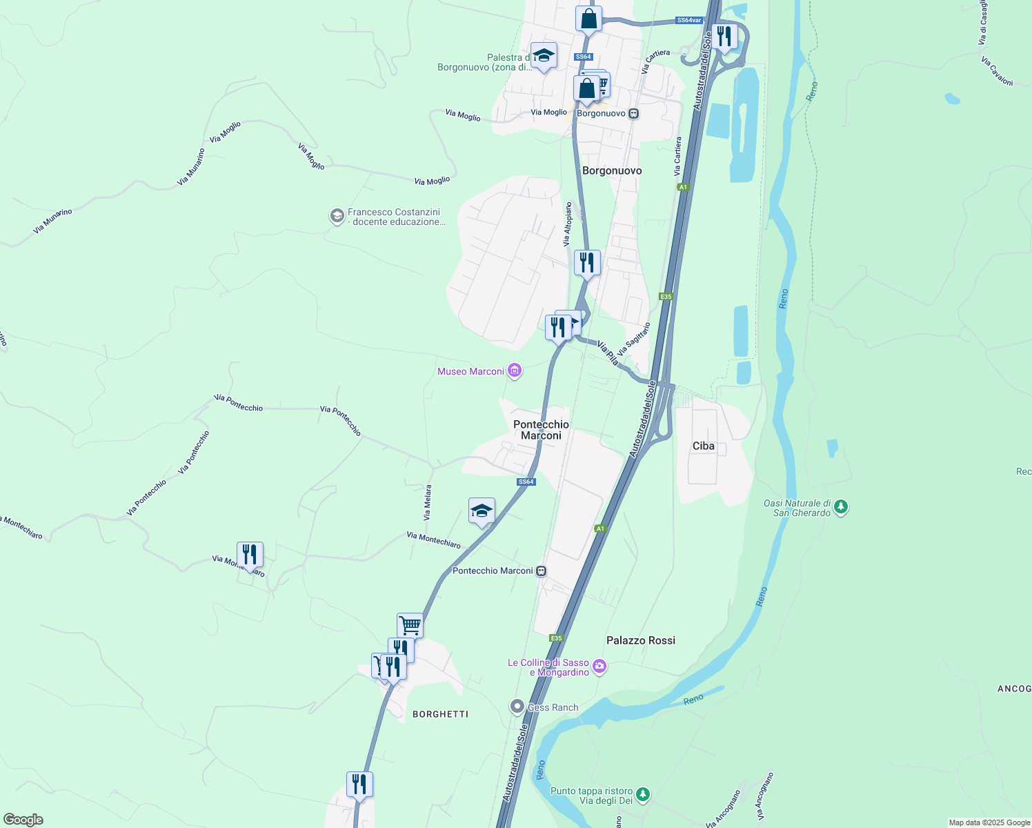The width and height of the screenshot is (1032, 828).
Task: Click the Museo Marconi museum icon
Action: (x=515, y=371)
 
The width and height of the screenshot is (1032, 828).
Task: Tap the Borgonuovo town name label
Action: (x=612, y=170)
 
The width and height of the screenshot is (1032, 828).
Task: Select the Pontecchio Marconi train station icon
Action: (x=542, y=571)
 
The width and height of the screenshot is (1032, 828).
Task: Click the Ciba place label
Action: (x=704, y=446)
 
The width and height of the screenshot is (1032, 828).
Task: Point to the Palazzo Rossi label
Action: (x=641, y=640)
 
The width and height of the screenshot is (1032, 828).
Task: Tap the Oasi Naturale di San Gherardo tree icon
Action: (x=840, y=507)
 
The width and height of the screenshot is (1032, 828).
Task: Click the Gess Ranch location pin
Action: (x=517, y=707)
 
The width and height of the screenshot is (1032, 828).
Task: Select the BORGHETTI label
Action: (x=440, y=714)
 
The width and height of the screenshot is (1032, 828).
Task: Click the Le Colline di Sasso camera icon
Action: (x=599, y=667)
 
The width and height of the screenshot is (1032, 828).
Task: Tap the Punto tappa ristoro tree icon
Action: (x=643, y=795)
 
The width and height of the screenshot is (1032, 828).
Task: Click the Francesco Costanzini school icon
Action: (x=337, y=217)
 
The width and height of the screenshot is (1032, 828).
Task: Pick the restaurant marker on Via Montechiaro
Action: (x=250, y=554)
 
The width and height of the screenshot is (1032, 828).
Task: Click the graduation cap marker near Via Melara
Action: (x=482, y=511)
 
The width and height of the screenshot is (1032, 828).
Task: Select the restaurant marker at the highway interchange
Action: (x=724, y=36)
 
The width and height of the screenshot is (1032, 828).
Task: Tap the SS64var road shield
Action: (x=689, y=21)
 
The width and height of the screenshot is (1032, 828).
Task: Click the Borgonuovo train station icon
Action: (x=633, y=113)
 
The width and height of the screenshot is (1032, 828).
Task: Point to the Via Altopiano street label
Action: (x=567, y=224)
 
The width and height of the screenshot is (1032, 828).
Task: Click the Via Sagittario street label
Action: (x=634, y=339)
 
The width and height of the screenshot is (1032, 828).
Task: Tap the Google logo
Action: (x=23, y=820)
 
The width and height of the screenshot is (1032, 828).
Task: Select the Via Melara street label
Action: (x=428, y=502)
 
